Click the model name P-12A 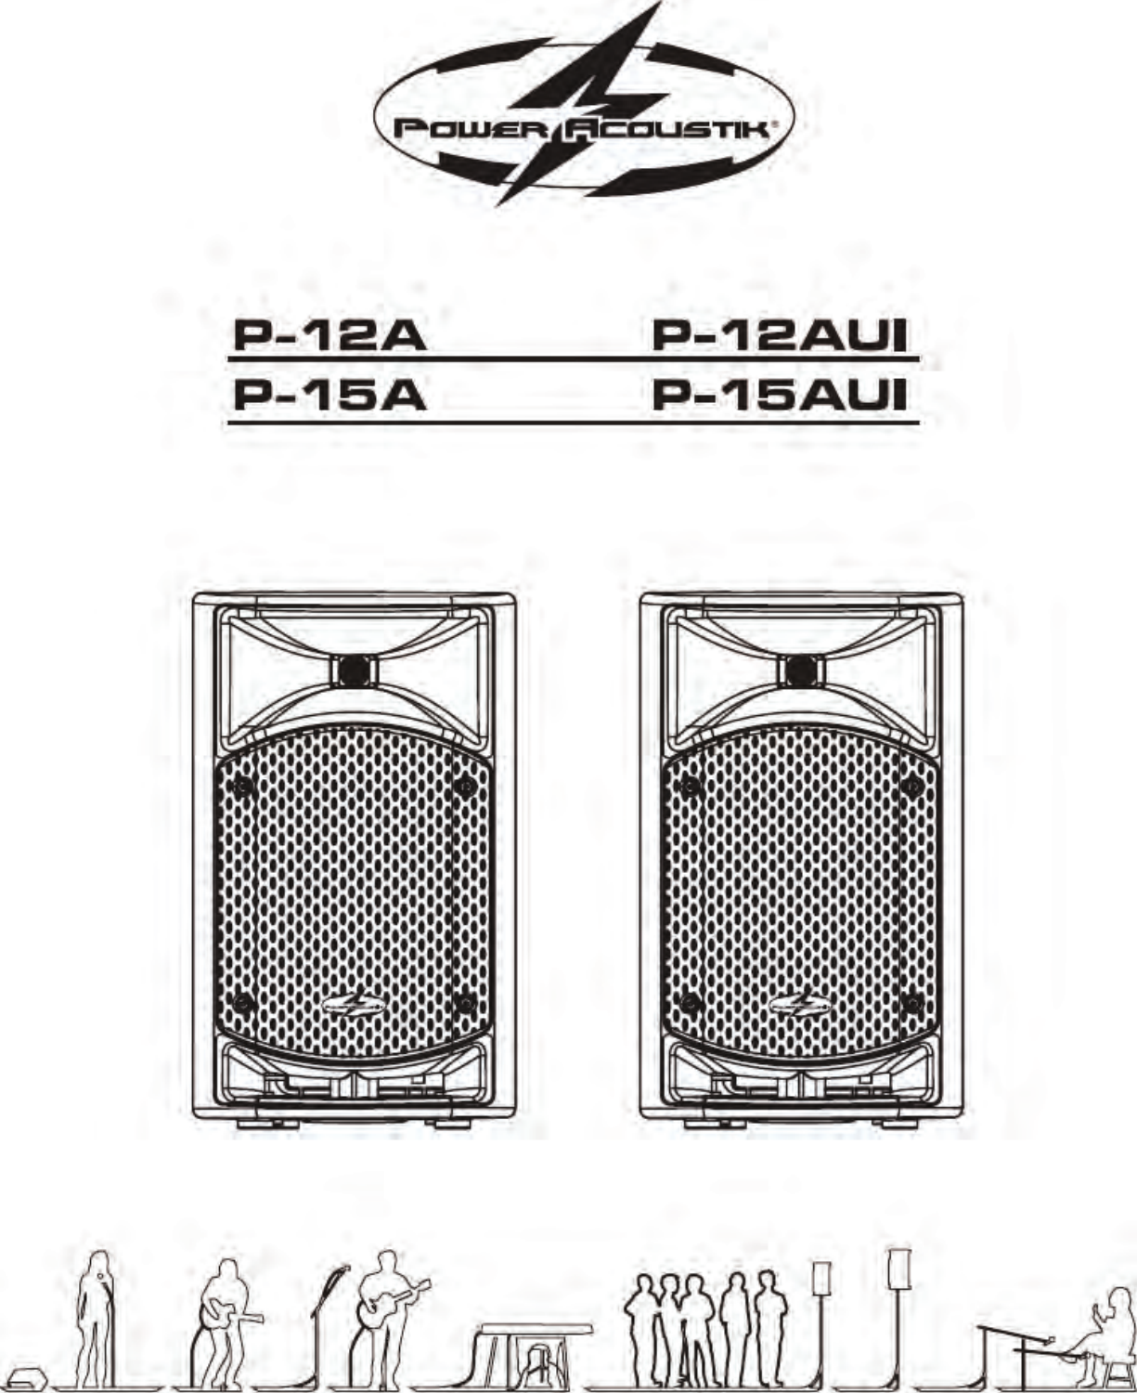pos(329,335)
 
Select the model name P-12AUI pos(779,335)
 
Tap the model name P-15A pos(329,397)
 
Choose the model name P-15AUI pos(779,397)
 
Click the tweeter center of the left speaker pos(354,670)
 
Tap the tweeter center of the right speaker pos(801,670)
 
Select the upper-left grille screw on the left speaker pos(243,787)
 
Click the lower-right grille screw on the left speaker pos(466,1003)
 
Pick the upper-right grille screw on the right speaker pos(912,787)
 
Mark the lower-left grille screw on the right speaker pos(690,1003)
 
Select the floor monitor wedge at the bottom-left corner pos(31,1374)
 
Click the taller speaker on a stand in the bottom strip pos(898,1269)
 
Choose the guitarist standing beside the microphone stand pos(390,1314)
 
